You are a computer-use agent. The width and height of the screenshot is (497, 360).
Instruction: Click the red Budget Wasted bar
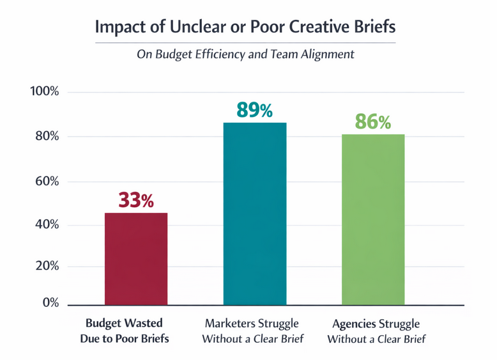[x=136, y=259]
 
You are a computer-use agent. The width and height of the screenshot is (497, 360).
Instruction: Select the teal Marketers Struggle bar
[x=254, y=214]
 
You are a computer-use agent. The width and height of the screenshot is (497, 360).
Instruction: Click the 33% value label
[x=136, y=200]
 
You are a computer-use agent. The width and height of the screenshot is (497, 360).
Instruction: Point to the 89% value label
[x=254, y=110]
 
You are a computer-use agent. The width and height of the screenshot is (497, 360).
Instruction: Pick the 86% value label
[x=372, y=121]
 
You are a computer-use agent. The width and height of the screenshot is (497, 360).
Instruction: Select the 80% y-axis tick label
[x=47, y=137]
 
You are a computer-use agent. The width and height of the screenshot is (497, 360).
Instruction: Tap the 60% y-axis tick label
[x=47, y=182]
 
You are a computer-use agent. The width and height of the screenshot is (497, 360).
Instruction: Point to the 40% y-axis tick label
[x=47, y=225]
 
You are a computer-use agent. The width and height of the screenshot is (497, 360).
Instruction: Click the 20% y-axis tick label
[x=47, y=267]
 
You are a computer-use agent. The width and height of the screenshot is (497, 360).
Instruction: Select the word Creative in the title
[x=317, y=29]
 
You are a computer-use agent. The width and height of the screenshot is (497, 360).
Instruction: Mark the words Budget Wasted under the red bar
[x=125, y=323]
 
